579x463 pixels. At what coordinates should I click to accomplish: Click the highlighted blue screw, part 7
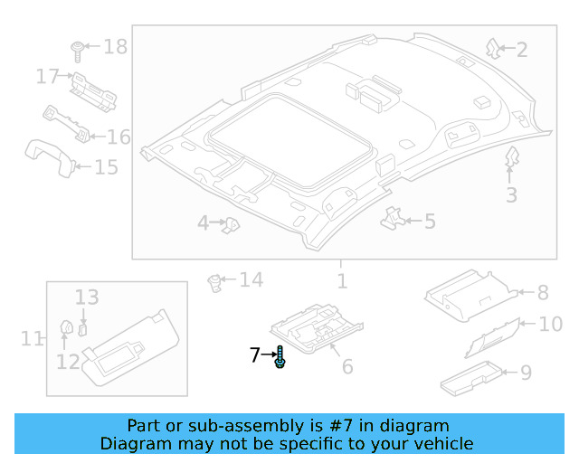tap(280, 357)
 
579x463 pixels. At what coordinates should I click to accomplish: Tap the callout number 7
tap(255, 356)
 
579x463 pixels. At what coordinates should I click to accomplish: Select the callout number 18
tap(116, 46)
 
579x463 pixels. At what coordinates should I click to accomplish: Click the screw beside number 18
tap(79, 48)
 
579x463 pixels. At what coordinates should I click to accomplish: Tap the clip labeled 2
tap(493, 47)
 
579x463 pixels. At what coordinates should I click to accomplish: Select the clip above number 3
tap(511, 158)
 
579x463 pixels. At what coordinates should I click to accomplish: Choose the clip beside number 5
tap(391, 217)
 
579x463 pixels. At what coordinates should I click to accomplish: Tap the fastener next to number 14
tap(216, 282)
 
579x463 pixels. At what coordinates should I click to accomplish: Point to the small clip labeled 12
tap(65, 327)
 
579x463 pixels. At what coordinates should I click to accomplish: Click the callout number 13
tap(87, 297)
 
